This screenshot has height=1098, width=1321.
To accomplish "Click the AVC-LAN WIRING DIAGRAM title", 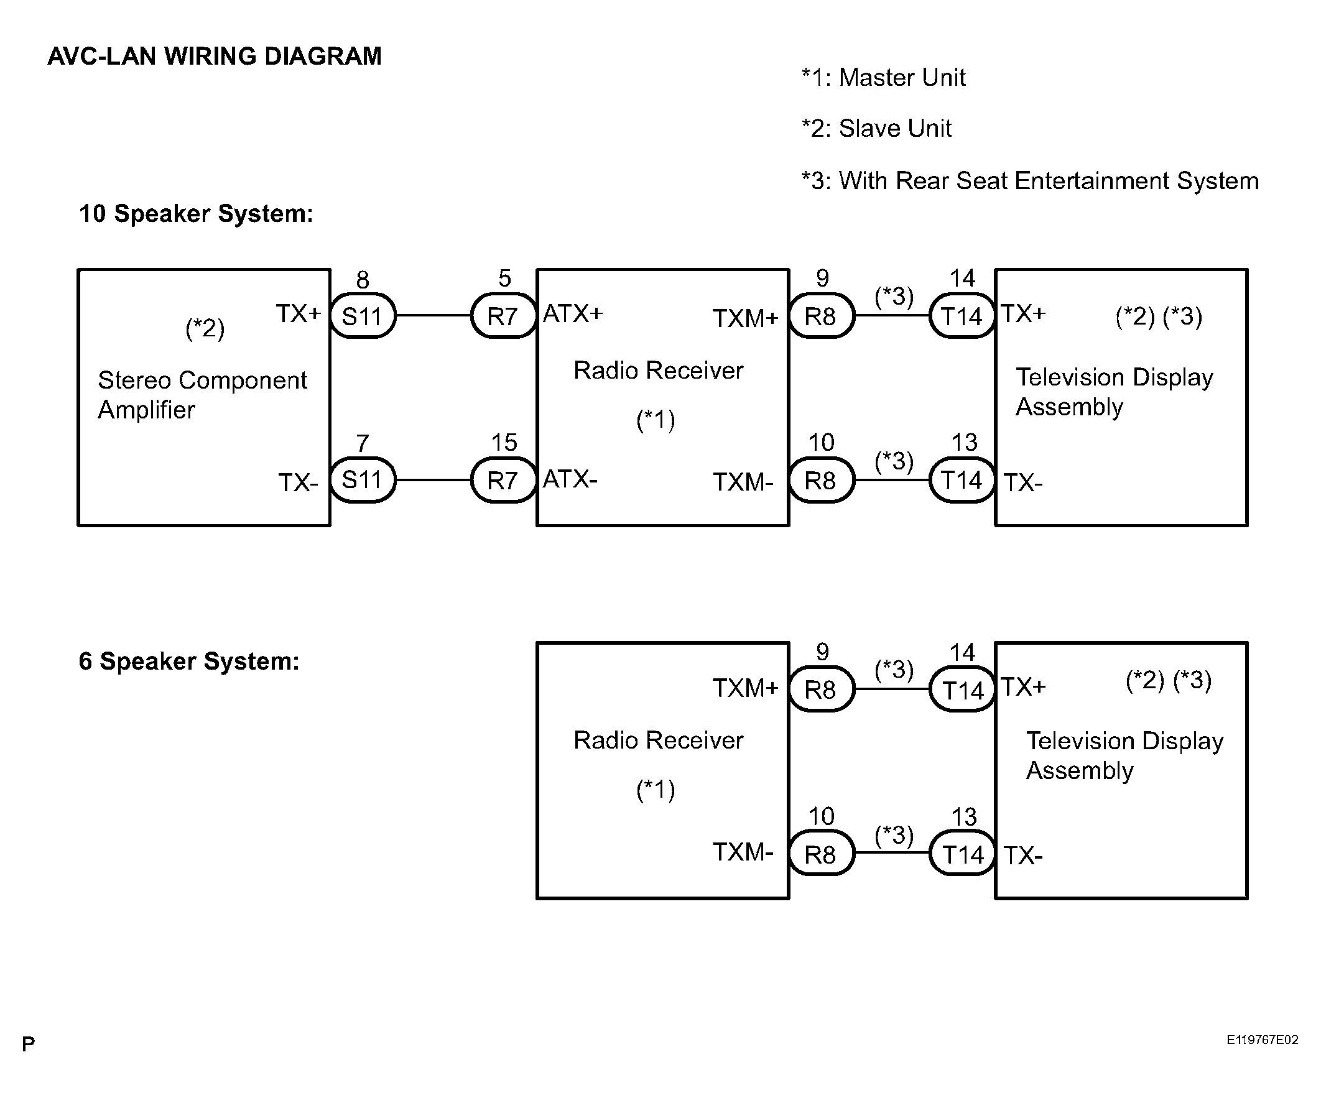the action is (215, 56).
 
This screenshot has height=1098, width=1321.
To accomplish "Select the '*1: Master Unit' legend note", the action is (883, 77).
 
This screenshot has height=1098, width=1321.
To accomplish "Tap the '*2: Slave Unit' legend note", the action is (876, 128).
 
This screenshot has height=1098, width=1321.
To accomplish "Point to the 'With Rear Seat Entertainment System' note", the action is (1049, 180).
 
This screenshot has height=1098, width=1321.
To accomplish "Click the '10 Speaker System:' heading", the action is (196, 214).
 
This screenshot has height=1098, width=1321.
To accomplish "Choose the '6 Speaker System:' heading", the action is (188, 661).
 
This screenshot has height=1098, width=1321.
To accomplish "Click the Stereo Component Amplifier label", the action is (203, 394).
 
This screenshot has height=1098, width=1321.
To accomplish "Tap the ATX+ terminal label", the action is (572, 313).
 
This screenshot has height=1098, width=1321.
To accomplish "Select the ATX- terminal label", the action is (570, 479).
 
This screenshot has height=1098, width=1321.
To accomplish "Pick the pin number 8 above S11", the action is (363, 280).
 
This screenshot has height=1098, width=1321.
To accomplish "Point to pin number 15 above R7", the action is (504, 443).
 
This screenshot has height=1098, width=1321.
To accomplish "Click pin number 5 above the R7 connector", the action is (504, 279).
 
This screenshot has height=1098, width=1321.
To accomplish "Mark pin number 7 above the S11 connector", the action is (363, 444).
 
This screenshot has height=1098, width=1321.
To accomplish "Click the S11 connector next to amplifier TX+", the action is (363, 316).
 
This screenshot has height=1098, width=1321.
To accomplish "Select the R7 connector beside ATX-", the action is (503, 480).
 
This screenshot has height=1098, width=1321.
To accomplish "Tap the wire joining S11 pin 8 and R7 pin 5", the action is (433, 315).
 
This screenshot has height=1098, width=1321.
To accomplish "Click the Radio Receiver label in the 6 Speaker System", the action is (658, 740).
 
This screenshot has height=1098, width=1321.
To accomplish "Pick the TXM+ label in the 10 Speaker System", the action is (746, 318).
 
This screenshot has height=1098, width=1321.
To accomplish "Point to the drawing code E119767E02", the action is (1262, 1040).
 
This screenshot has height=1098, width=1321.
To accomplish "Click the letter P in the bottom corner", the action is (29, 1044).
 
